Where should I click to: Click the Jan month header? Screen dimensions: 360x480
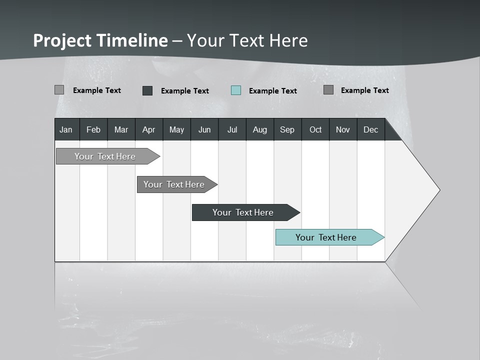pyautogui.click(x=66, y=129)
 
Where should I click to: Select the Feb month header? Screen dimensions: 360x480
pyautogui.click(x=93, y=129)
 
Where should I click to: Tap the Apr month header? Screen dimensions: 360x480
pyautogui.click(x=148, y=129)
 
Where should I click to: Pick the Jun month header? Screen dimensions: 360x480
pyautogui.click(x=204, y=129)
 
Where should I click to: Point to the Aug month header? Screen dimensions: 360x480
pyautogui.click(x=259, y=129)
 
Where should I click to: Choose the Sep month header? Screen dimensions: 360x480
pyautogui.click(x=287, y=129)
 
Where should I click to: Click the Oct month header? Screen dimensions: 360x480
pyautogui.click(x=315, y=129)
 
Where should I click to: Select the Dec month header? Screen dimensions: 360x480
pyautogui.click(x=370, y=129)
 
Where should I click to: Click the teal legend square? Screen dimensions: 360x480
pyautogui.click(x=236, y=90)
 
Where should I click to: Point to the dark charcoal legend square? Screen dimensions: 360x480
pyautogui.click(x=147, y=90)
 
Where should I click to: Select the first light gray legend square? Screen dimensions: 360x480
pyautogui.click(x=59, y=90)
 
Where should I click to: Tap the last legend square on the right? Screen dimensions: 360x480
pyautogui.click(x=328, y=90)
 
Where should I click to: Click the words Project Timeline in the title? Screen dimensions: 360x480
pyautogui.click(x=100, y=40)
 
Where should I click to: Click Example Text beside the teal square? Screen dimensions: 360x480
pyautogui.click(x=272, y=91)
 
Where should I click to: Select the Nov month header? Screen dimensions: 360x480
pyautogui.click(x=343, y=129)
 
